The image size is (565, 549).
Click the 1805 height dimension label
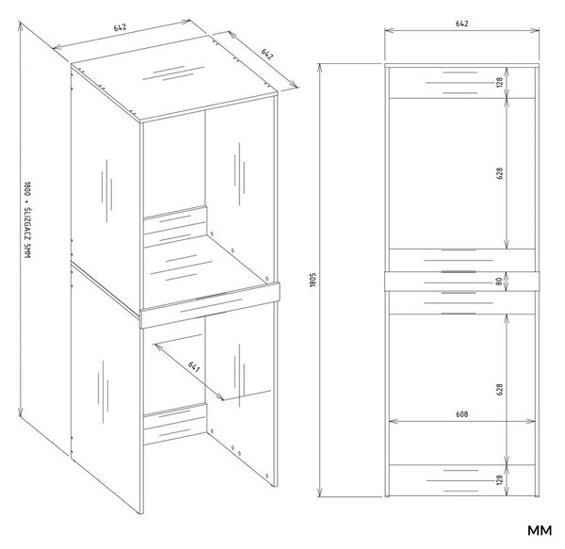313,280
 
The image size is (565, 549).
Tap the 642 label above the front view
461,24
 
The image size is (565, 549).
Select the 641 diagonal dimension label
194,367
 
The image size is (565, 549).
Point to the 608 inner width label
461,414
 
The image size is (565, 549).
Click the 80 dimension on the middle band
499,281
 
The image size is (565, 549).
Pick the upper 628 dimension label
499,173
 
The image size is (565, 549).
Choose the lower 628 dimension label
499,390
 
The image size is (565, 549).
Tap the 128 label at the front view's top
499,83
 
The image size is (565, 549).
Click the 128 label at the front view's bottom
499,480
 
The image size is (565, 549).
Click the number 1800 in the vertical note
27,190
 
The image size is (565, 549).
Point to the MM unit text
540,530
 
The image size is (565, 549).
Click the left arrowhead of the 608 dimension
392,421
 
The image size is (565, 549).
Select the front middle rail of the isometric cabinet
209,305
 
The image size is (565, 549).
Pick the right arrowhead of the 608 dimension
532,421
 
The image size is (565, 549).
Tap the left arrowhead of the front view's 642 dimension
388,31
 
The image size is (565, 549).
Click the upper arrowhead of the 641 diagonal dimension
156,346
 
